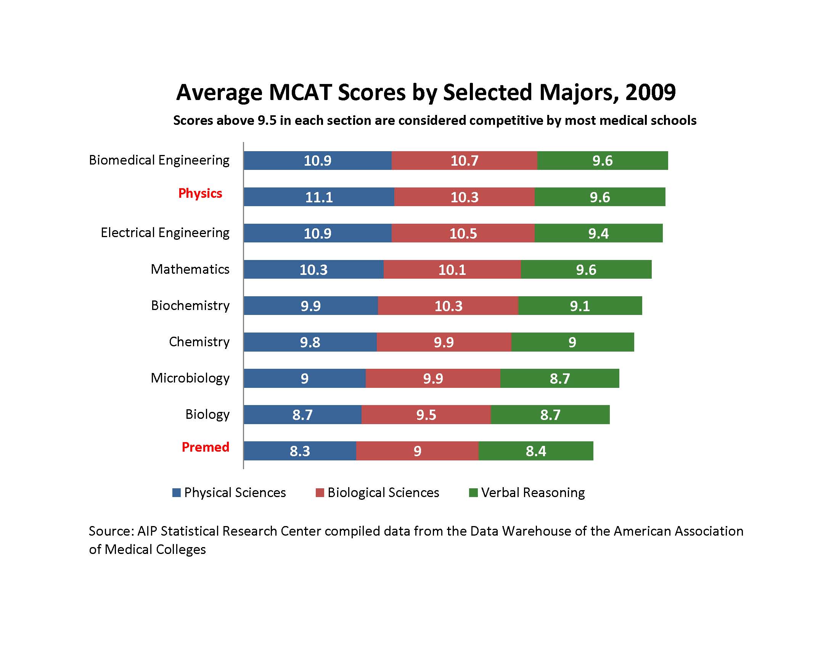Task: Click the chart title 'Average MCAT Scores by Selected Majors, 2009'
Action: tap(426, 92)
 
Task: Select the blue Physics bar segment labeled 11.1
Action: tap(318, 197)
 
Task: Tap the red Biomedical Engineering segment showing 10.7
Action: tap(464, 160)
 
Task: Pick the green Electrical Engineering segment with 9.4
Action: tap(598, 233)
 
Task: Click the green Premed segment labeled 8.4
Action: tap(535, 450)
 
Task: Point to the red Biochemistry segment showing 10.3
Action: tap(448, 306)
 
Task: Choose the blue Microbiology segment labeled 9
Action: tap(304, 378)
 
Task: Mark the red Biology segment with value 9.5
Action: tap(426, 415)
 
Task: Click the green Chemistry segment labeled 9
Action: tap(572, 342)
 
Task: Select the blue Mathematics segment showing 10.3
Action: tap(313, 270)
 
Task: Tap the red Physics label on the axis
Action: tap(200, 193)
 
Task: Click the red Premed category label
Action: tap(205, 447)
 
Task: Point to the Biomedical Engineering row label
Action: tap(159, 160)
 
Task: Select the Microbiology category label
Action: tap(190, 378)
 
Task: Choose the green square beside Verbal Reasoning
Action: tap(473, 492)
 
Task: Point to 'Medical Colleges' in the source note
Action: tap(155, 549)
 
